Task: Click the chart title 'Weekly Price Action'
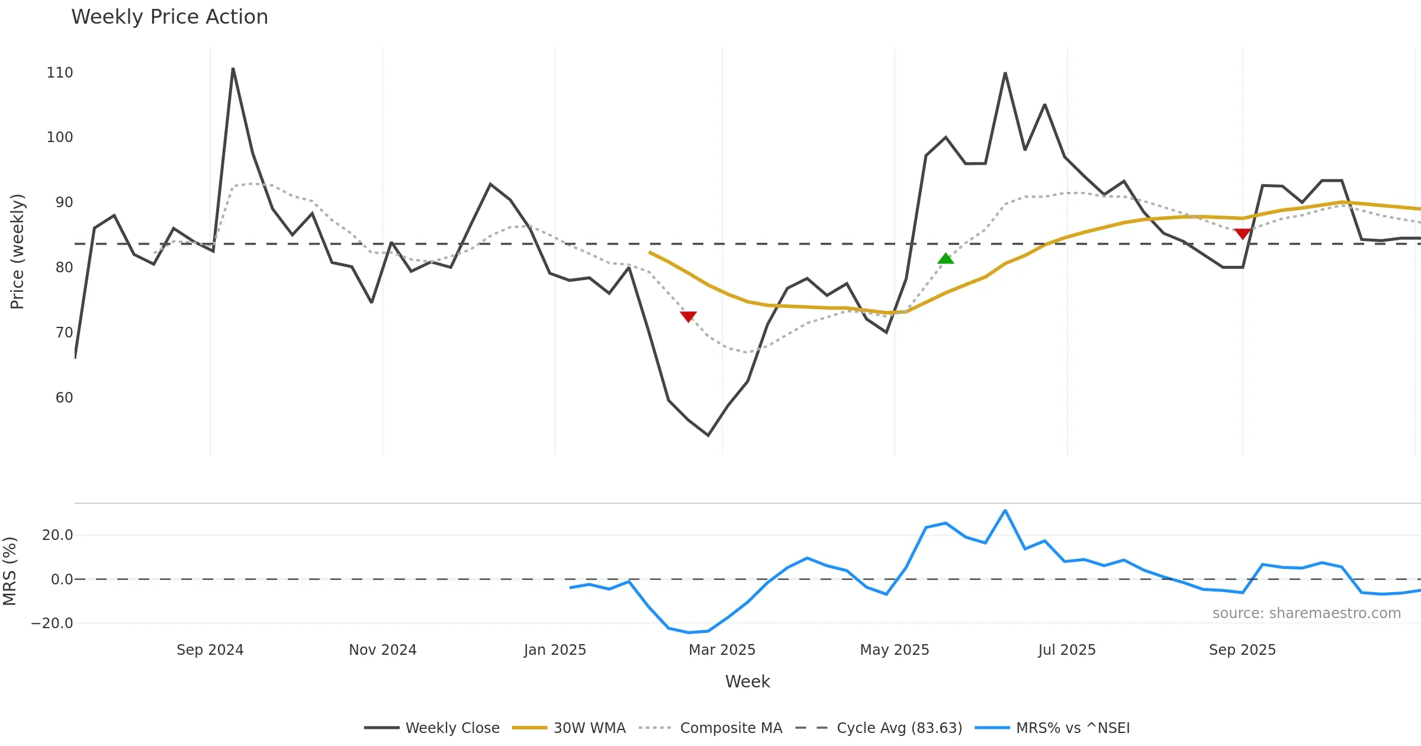tap(169, 17)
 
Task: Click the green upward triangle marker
tap(946, 259)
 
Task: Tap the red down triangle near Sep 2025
tap(1242, 234)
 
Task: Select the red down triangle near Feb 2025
tap(688, 317)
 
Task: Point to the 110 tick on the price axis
tap(60, 73)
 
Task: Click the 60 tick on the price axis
tap(64, 397)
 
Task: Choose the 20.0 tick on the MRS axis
tap(57, 535)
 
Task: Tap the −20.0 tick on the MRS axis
tap(52, 623)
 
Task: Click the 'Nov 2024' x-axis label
tap(382, 649)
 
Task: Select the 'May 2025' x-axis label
tap(894, 649)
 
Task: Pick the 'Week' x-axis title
tap(747, 681)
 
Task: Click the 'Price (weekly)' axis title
tap(17, 251)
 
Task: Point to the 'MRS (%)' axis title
tap(9, 571)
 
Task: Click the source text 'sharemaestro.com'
tap(1306, 613)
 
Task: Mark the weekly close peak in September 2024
tap(233, 69)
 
